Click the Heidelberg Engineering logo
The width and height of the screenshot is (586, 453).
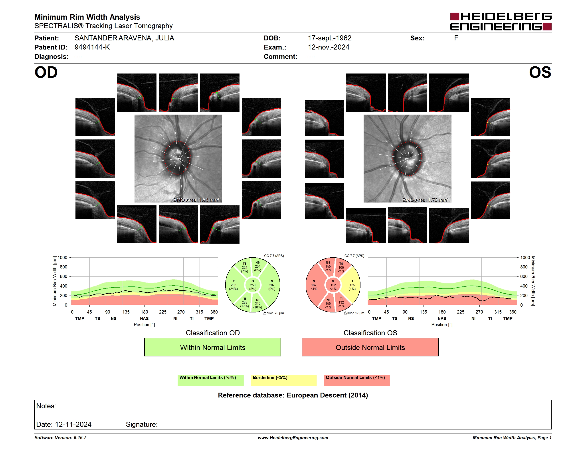point(501,22)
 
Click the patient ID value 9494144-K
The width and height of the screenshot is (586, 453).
point(92,47)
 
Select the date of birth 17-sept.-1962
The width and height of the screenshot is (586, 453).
point(329,38)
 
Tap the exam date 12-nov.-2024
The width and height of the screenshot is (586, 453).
point(329,47)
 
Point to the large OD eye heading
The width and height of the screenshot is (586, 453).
point(46,72)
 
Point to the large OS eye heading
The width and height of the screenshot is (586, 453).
point(540,72)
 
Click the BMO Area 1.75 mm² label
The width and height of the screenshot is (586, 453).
point(425,200)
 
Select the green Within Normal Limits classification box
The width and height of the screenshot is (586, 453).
point(212,347)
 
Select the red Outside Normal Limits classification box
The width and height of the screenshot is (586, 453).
point(370,347)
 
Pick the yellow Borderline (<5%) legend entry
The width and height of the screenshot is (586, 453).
point(284,380)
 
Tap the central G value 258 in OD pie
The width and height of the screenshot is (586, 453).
point(252,285)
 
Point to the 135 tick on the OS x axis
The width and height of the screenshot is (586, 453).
point(423,312)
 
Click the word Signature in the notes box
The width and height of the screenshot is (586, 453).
point(141,424)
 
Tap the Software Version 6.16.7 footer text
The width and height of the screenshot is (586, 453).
point(60,438)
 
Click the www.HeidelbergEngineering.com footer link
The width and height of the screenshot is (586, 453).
point(293,438)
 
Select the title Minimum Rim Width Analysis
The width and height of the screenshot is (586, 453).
point(87,17)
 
